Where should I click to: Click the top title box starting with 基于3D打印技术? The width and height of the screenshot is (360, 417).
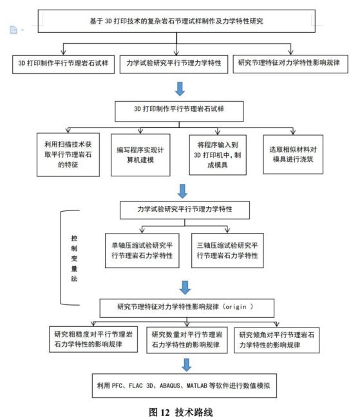176,21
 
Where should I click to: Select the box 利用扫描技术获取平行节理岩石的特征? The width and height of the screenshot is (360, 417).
68,155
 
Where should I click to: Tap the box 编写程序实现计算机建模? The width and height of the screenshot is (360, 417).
140,155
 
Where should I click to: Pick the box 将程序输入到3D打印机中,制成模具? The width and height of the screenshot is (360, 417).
218,155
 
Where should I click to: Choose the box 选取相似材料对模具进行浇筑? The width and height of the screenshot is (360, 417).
293,154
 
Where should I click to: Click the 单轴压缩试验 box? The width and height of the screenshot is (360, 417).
142,250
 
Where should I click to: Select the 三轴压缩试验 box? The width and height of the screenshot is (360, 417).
227,250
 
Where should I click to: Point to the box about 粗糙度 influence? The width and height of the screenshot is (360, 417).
93,339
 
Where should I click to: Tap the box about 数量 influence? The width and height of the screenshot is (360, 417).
187,340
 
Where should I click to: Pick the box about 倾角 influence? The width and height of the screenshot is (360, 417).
277,340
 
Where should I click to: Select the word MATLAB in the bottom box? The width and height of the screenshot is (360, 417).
197,385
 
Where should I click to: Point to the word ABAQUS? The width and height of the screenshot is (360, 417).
170,385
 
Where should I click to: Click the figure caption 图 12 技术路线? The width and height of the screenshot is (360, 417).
181,412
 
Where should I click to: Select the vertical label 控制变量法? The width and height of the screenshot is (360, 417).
74,258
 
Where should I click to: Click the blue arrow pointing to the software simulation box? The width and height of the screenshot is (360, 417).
187,365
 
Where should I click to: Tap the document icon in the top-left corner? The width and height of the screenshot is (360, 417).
14,30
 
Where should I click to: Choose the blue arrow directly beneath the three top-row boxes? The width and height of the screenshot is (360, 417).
180,89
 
